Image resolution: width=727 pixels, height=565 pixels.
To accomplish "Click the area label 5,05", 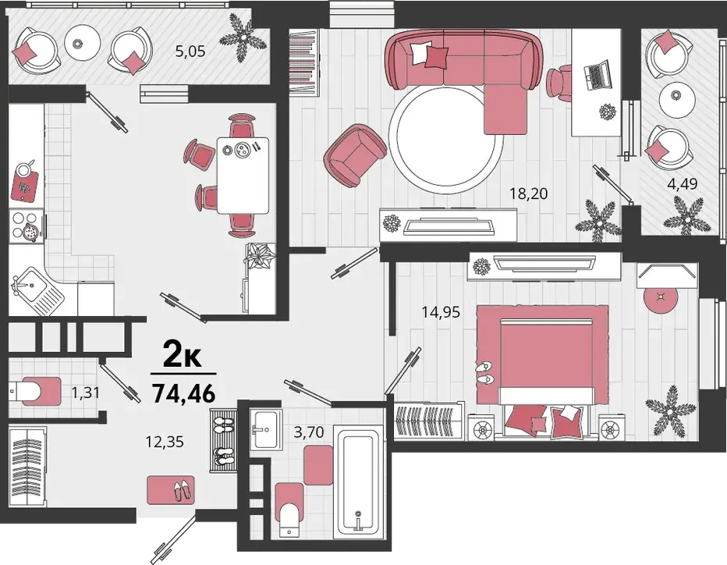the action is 190,51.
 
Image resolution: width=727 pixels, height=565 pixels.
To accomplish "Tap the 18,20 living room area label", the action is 529,193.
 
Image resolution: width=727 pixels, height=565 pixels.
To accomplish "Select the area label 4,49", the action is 682,183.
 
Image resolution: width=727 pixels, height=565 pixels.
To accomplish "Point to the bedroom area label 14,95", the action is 441,312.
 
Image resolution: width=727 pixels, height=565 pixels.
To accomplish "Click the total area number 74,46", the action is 184,394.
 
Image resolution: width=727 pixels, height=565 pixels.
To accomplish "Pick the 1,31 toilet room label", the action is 85,393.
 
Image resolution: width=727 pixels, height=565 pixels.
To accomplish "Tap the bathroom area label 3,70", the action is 309,432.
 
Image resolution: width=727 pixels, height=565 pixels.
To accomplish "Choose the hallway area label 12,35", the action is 165,442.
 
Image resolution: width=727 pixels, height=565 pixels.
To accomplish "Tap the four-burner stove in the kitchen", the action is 27,226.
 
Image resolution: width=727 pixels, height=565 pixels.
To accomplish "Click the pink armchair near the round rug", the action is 356,155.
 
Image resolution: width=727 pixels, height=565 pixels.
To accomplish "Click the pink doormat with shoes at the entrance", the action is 171,490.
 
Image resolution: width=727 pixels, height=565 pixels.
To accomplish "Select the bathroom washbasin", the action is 266,429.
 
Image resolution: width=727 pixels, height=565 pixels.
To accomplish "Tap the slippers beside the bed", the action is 485,372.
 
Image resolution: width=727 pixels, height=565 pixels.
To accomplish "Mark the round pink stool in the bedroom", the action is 661,299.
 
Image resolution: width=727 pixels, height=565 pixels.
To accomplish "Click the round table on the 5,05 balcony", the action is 83,42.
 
